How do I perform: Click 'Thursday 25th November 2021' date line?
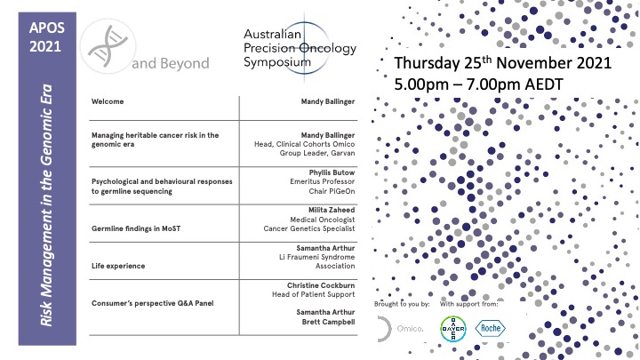503,63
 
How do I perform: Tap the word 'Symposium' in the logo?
277,63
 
